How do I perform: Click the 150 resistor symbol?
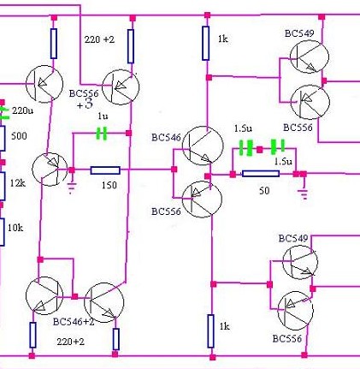tap(105, 170)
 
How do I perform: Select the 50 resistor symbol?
tap(261, 174)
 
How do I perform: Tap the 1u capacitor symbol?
tap(102, 134)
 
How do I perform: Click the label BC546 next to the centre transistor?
tap(166, 138)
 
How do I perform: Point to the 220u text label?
tap(22, 110)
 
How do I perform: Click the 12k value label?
tap(18, 183)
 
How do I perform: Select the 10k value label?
tap(15, 228)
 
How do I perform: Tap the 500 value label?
tap(19, 136)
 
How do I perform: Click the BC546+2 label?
tap(74, 322)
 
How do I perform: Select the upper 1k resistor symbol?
tap(206, 43)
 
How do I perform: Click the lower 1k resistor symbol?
tap(210, 331)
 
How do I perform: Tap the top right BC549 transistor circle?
tap(310, 57)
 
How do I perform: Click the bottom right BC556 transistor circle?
tap(296, 311)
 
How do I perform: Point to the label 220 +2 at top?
tap(99, 39)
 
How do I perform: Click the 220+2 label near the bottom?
tap(70, 342)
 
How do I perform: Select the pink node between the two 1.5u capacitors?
tap(259, 150)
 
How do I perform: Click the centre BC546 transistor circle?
tap(203, 146)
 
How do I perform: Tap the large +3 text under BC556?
tap(85, 104)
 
